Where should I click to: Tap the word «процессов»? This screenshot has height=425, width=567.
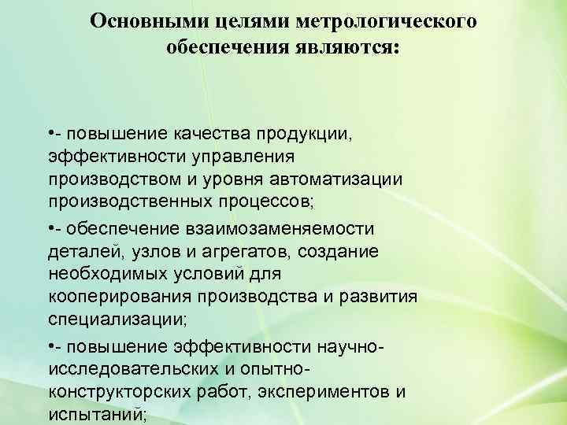267,201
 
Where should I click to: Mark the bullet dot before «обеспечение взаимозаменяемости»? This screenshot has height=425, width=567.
50,228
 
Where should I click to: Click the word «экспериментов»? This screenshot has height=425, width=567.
327,392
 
